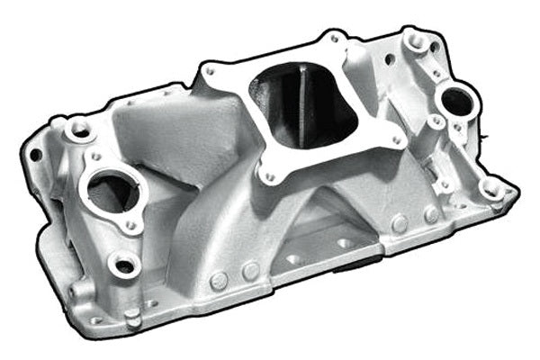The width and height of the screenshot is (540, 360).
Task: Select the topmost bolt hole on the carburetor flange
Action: point(333,39)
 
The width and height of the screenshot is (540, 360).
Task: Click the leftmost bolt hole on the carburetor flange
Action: point(210,70)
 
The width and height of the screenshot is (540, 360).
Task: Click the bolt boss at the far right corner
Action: point(490,188)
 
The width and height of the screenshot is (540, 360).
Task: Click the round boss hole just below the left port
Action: point(124,265)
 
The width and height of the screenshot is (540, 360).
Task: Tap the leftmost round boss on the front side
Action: point(219,281)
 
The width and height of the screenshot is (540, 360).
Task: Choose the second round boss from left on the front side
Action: point(251,270)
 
